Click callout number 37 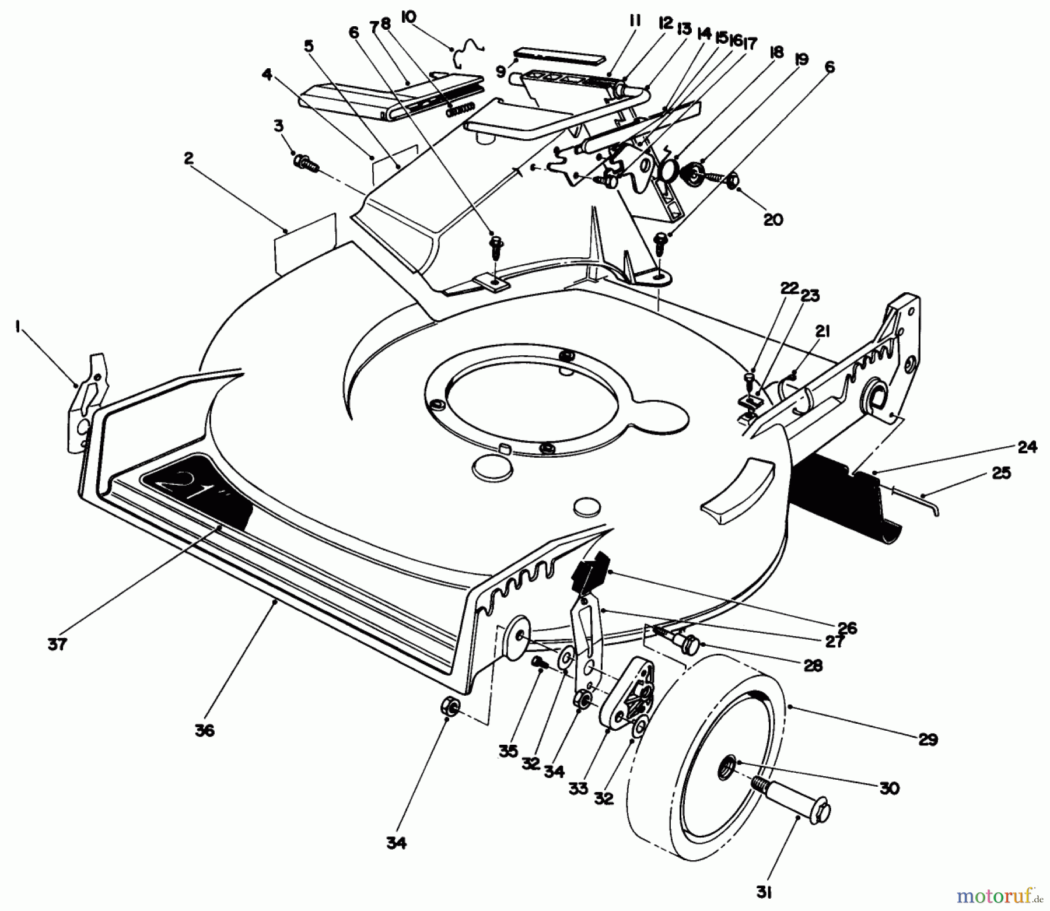pos(57,644)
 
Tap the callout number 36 pos(205,730)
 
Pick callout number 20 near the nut pos(772,220)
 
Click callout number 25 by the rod pos(1001,473)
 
